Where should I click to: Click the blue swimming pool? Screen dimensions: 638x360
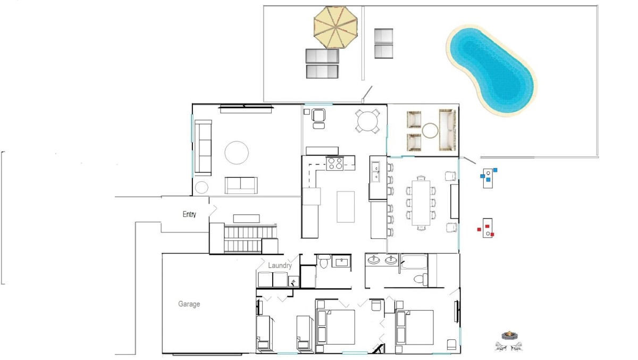click(491, 70)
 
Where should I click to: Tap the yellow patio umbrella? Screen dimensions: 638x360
click(335, 27)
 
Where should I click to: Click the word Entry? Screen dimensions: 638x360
click(189, 214)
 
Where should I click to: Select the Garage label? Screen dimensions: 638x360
click(189, 304)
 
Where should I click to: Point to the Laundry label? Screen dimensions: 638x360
click(280, 265)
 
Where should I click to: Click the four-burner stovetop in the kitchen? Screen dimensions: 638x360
click(335, 163)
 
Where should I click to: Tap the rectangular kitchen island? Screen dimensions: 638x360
click(346, 207)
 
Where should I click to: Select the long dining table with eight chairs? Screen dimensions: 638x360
click(421, 203)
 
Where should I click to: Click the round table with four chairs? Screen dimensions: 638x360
click(367, 121)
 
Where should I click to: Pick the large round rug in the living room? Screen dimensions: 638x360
click(237, 153)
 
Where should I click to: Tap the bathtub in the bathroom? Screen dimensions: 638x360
click(414, 262)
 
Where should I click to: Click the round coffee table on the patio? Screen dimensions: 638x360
click(430, 130)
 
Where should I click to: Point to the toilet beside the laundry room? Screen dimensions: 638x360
click(324, 262)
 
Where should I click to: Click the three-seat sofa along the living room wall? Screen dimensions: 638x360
click(203, 147)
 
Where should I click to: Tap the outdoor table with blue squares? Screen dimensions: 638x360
click(488, 178)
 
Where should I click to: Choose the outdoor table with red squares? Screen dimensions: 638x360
click(488, 228)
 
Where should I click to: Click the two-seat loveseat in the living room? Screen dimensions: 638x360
click(241, 185)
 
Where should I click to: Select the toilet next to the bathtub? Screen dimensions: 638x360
click(421, 279)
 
